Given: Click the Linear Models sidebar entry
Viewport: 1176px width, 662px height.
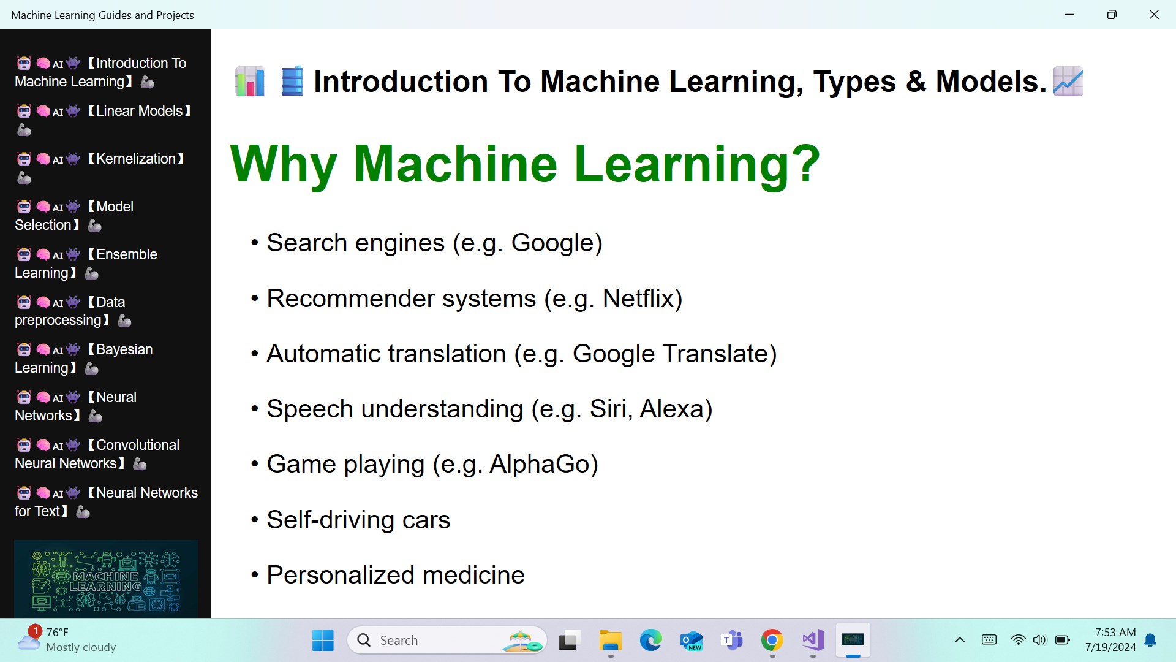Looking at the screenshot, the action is tap(104, 120).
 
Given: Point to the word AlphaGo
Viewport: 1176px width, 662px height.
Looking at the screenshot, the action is tap(543, 464).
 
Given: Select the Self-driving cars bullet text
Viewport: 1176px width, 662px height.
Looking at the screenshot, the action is tap(358, 520).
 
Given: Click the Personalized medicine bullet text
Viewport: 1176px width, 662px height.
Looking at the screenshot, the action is tap(396, 575).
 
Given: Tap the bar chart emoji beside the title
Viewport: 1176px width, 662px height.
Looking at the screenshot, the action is tap(250, 82).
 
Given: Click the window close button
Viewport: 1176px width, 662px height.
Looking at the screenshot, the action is tap(1154, 15).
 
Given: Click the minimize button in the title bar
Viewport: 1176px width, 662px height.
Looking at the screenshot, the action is tap(1070, 15).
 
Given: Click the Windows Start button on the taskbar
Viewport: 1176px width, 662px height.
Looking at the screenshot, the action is tap(323, 641).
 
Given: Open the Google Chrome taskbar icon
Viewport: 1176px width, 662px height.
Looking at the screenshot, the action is tap(772, 641).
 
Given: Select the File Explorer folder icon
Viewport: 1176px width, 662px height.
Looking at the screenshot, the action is tap(610, 641).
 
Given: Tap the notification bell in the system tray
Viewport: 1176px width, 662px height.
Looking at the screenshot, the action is tap(1151, 641).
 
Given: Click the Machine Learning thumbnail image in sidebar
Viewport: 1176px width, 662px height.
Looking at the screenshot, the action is tap(106, 579).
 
